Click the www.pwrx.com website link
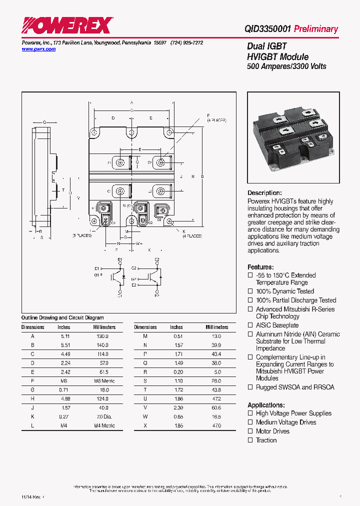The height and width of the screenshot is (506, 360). pyautogui.click(x=38, y=49)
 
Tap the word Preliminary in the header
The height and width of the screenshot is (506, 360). pyautogui.click(x=316, y=29)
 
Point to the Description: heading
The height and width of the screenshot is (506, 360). pyautogui.click(x=264, y=193)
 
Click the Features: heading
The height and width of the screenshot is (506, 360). pyautogui.click(x=260, y=267)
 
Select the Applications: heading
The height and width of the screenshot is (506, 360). pyautogui.click(x=266, y=405)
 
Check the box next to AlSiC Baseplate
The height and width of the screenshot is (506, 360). pyautogui.click(x=250, y=325)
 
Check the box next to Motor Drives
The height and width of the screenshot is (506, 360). pyautogui.click(x=250, y=431)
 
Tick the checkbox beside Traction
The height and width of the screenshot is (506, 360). pyautogui.click(x=250, y=440)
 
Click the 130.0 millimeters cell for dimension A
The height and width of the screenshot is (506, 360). pyautogui.click(x=102, y=336)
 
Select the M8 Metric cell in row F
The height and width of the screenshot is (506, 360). pyautogui.click(x=104, y=381)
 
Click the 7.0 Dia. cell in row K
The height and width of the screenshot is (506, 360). pyautogui.click(x=104, y=416)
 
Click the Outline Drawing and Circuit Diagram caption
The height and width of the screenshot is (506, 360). pyautogui.click(x=62, y=317)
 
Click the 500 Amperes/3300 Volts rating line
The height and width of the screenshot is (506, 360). pyautogui.click(x=286, y=66)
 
